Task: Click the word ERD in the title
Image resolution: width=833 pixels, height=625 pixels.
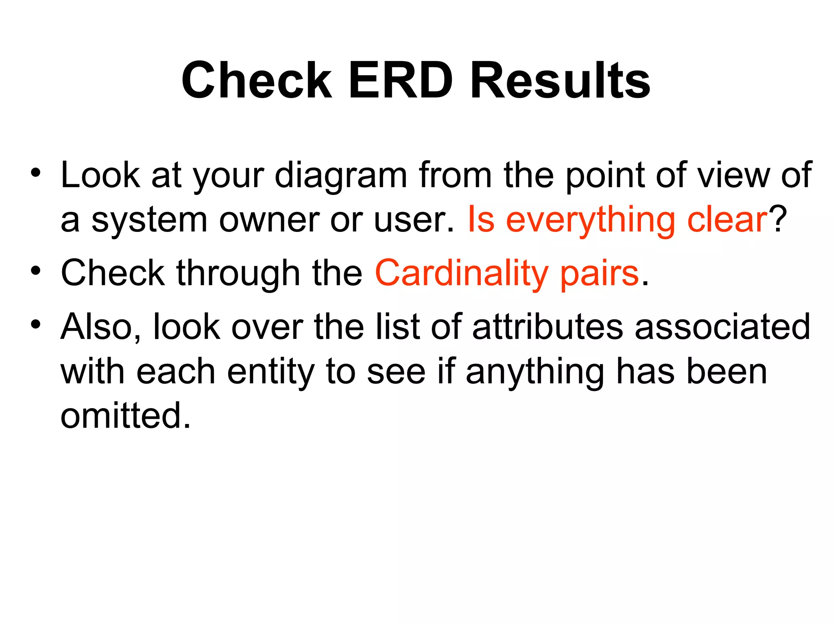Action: pos(401,80)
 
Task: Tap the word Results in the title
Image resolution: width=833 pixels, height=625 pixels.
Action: pos(560,80)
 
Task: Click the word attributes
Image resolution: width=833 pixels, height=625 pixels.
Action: pos(547,327)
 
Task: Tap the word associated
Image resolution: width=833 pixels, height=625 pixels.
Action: pos(723,327)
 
